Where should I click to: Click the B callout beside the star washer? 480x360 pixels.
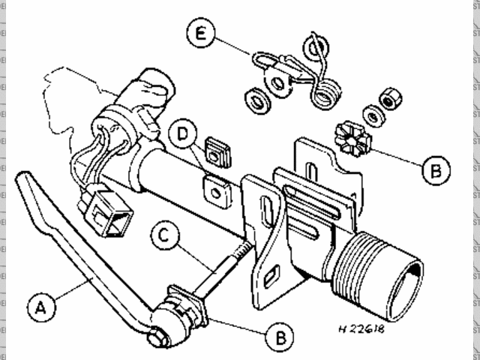436,170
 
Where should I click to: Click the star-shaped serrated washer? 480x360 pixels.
352,139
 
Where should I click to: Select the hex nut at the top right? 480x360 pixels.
390,98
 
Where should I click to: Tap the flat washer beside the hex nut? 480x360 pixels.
373,115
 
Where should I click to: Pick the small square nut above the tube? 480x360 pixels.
218,154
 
